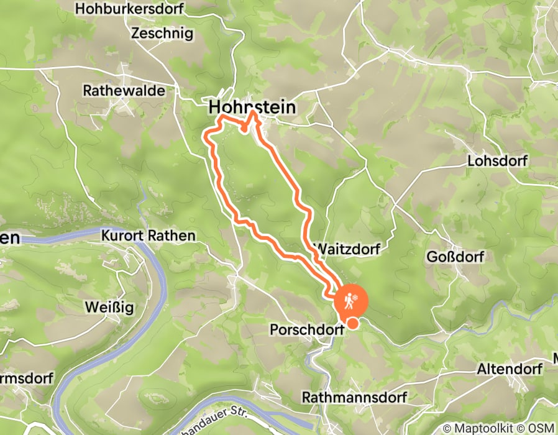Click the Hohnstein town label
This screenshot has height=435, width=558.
[x=252, y=108]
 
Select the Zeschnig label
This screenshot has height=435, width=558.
[x=162, y=34]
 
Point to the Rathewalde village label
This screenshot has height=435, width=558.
[x=124, y=91]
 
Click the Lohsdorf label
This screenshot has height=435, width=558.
[x=497, y=162]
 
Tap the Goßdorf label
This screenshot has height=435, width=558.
[x=454, y=257]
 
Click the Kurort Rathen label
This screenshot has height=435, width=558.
[x=148, y=236]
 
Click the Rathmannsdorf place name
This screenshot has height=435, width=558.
[x=354, y=397]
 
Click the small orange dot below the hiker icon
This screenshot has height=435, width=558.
[x=353, y=323]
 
